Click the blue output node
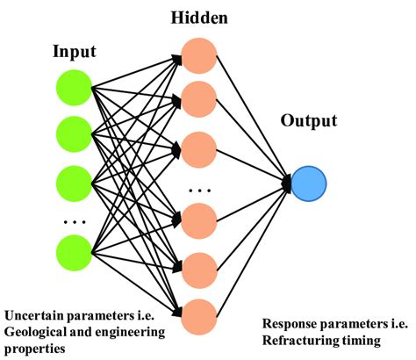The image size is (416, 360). [308, 183]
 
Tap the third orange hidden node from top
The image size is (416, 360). [201, 145]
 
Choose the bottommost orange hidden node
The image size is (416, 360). [201, 313]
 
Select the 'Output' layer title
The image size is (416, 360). [309, 141]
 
